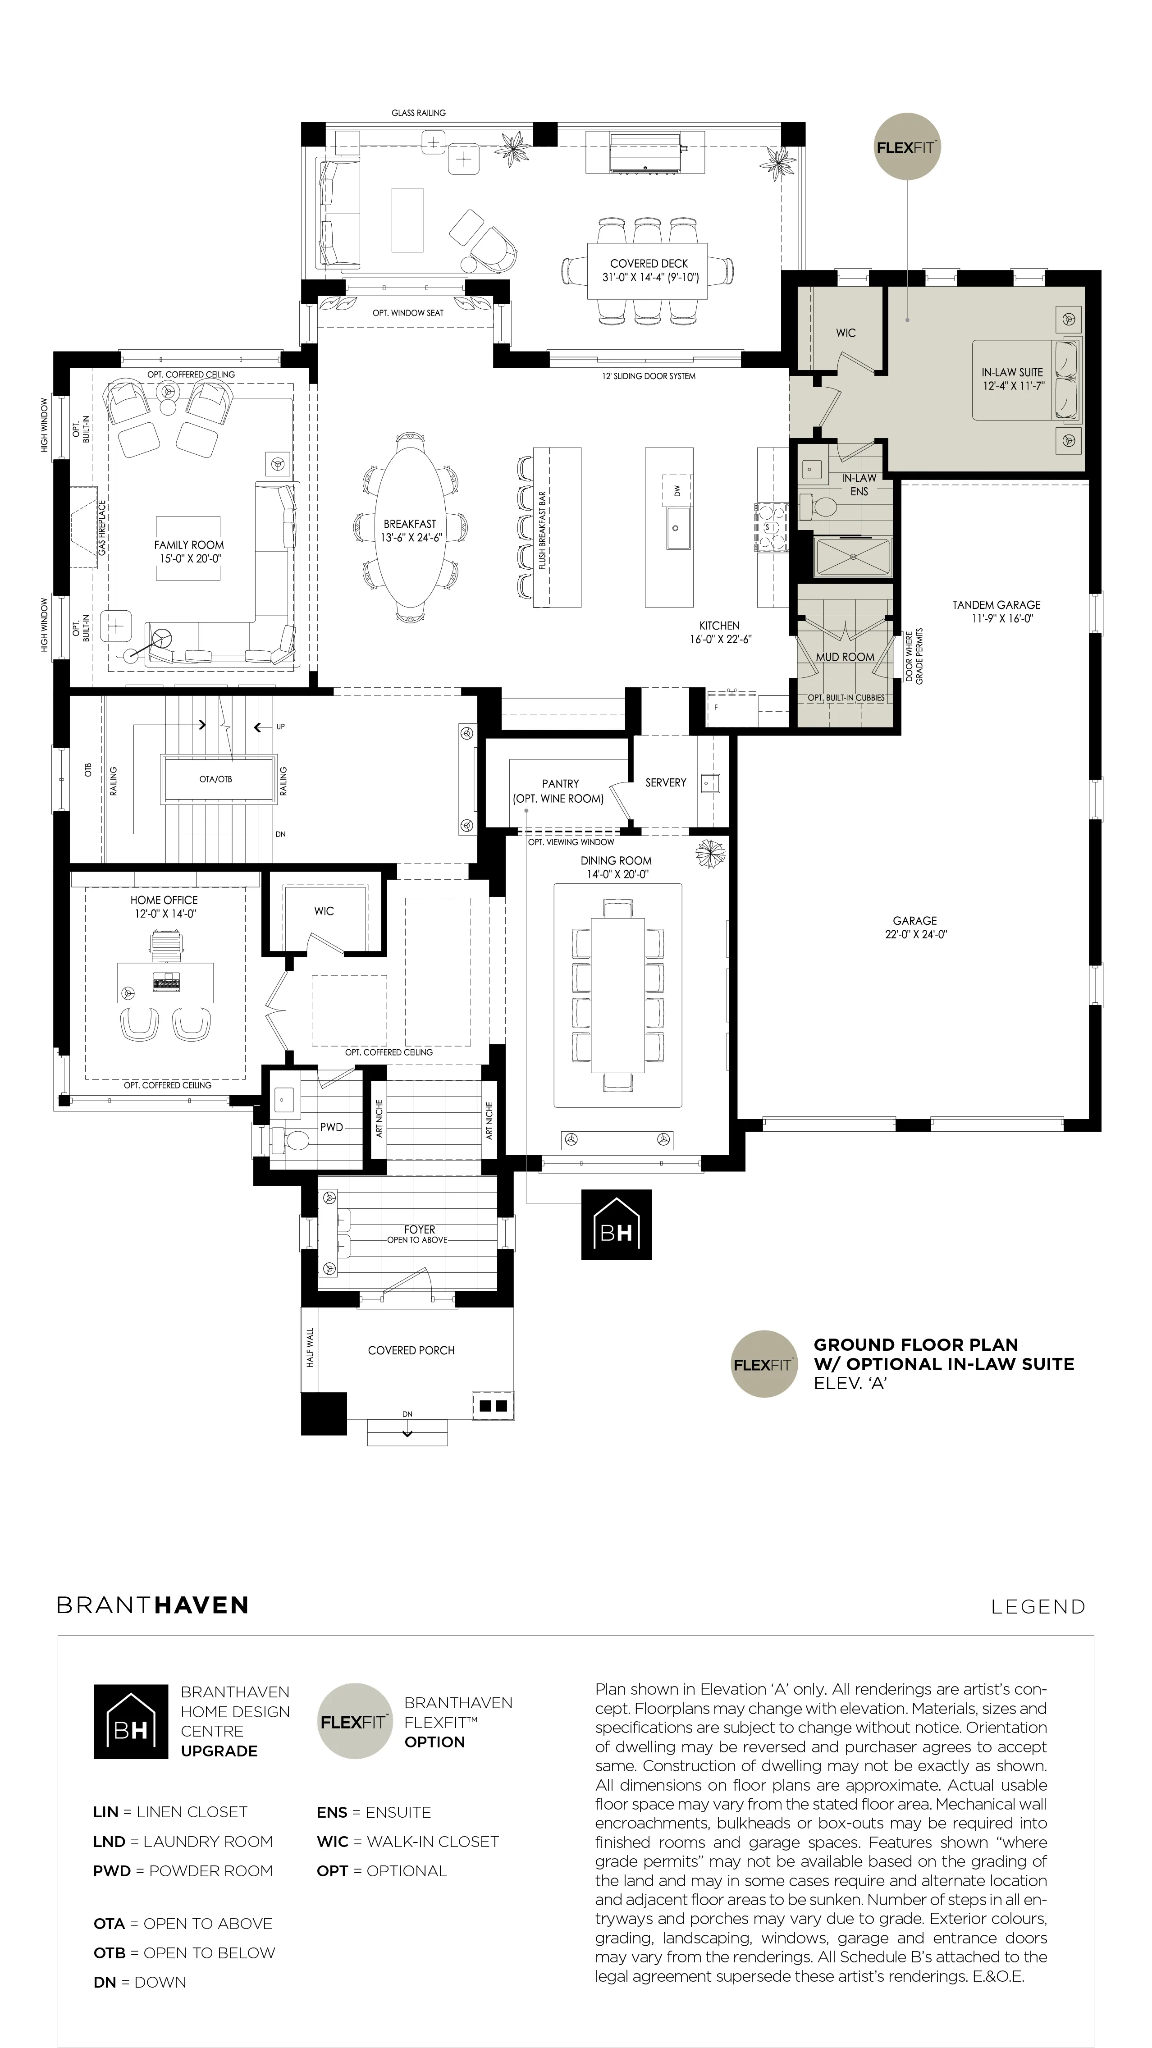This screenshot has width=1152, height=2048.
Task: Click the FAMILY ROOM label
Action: (x=189, y=544)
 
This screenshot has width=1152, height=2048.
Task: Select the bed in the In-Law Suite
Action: (x=1027, y=379)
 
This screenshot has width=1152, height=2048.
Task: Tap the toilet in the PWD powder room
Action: (x=293, y=1140)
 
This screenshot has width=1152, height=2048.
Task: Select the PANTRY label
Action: (x=561, y=784)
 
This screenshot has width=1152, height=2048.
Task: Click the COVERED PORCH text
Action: (x=411, y=1350)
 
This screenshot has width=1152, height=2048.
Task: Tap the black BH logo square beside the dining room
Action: (x=616, y=1225)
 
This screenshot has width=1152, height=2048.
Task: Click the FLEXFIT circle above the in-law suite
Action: (x=907, y=147)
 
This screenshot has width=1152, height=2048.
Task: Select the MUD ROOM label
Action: (x=844, y=657)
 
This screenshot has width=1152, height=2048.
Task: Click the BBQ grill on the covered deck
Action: (x=645, y=153)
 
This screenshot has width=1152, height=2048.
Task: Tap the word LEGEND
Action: (x=1038, y=1607)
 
